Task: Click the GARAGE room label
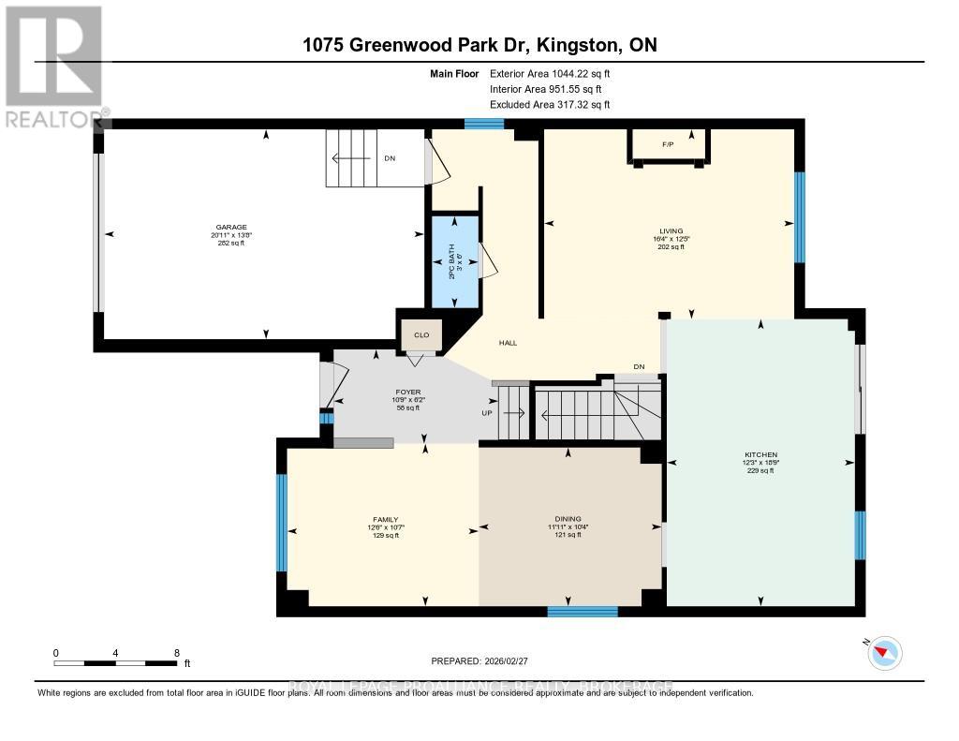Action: (230, 227)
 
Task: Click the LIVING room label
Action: (671, 230)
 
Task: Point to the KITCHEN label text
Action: (760, 455)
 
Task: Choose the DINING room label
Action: (568, 519)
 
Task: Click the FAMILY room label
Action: (385, 520)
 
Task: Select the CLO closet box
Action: (421, 334)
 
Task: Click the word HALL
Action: (508, 343)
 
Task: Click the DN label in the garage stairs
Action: (390, 158)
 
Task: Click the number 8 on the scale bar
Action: (176, 652)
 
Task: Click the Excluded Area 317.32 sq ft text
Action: (549, 105)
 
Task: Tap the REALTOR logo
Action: (53, 66)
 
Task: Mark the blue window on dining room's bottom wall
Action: (582, 612)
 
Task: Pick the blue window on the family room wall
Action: (281, 522)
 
